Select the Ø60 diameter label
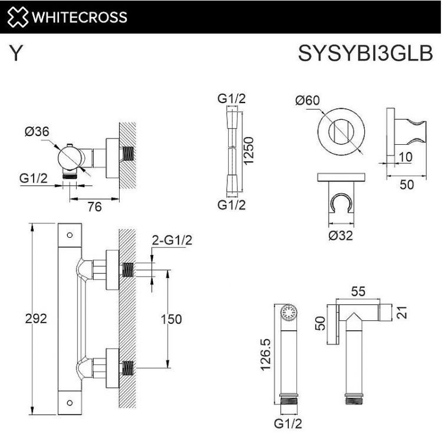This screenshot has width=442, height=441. click(x=307, y=100)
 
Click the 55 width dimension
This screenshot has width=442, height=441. click(x=358, y=290)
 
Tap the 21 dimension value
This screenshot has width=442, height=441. click(x=403, y=312)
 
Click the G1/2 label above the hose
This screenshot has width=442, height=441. click(x=232, y=99)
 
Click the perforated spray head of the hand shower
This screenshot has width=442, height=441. click(x=288, y=312)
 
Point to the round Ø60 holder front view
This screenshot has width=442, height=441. click(x=339, y=131)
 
